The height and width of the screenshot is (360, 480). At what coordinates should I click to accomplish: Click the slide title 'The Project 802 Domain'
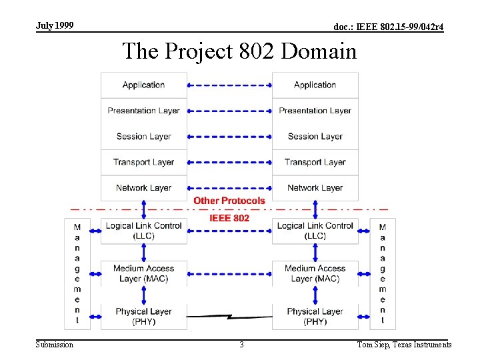239,51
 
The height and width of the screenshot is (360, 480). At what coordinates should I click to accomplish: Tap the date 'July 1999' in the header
55,26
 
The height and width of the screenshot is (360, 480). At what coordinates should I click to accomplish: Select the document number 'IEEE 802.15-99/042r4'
388,27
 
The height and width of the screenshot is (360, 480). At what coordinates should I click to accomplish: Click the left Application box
143,85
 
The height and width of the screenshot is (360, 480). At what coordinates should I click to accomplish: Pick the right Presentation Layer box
315,111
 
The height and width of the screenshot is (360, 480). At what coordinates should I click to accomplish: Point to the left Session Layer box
143,137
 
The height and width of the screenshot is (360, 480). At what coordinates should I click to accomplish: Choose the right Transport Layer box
315,162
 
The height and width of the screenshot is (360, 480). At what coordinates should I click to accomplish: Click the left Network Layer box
143,188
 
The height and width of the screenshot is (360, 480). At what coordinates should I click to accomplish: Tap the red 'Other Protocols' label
229,201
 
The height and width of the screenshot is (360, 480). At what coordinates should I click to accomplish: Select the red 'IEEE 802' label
229,218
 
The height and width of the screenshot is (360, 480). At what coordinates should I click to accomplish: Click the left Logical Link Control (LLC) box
143,231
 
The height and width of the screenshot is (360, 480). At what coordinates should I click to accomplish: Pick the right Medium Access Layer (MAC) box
315,273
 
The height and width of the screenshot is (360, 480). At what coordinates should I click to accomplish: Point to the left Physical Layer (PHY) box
143,316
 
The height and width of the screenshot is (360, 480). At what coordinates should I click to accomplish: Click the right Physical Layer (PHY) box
315,316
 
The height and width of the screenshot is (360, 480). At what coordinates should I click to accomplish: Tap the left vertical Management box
77,273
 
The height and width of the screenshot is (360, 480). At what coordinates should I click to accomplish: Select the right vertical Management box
383,273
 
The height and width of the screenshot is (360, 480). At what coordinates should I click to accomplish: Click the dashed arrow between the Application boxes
229,85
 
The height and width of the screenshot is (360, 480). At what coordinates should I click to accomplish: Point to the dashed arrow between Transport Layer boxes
229,162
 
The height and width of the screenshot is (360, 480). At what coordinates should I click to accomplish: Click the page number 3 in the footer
241,345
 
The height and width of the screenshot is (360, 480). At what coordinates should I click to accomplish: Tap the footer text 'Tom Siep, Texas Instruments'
404,345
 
